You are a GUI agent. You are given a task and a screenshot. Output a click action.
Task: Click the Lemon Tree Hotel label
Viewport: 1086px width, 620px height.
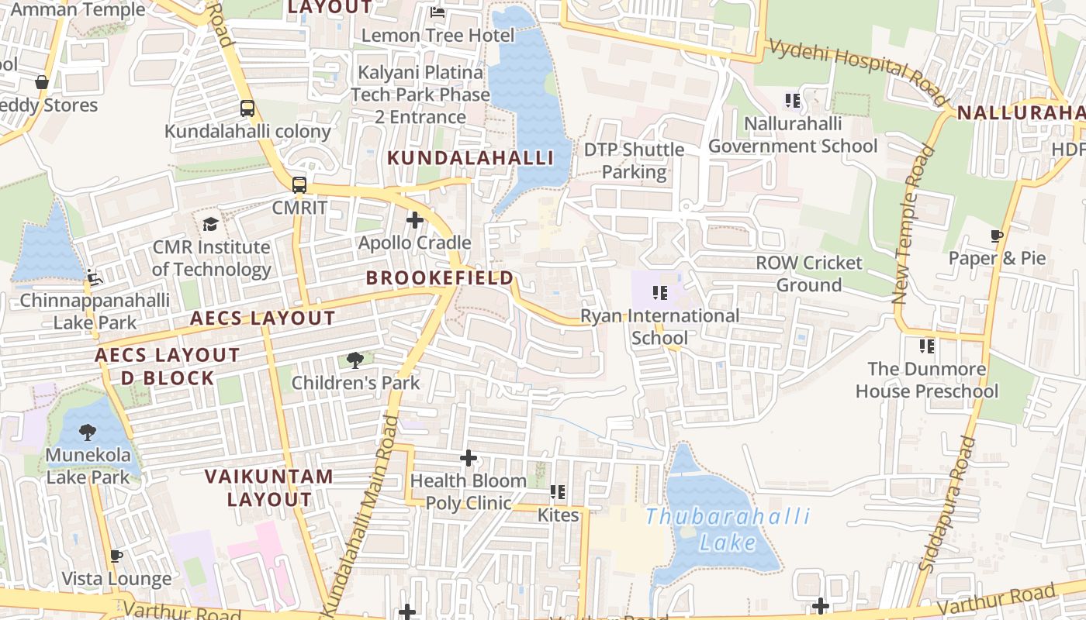click(x=438, y=36)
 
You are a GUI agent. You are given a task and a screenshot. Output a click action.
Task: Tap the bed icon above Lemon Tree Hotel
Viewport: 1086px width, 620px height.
click(x=438, y=12)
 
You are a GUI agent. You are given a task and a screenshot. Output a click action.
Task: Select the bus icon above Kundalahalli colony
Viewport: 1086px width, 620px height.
click(x=247, y=108)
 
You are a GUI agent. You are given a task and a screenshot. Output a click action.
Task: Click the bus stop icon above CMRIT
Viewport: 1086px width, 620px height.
click(x=299, y=185)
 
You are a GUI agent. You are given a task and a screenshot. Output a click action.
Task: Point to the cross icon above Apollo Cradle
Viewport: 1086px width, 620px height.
click(x=415, y=220)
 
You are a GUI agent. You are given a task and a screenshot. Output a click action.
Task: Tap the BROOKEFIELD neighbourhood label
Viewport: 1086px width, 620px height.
click(x=440, y=277)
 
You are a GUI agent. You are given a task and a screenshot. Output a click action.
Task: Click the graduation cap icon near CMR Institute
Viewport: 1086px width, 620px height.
click(x=210, y=225)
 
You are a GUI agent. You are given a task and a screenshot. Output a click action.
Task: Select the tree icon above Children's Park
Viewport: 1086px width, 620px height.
click(x=355, y=360)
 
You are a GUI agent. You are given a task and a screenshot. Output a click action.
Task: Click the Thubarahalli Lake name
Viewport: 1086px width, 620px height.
click(x=727, y=529)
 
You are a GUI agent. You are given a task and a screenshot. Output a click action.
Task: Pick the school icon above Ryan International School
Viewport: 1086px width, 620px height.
click(x=660, y=293)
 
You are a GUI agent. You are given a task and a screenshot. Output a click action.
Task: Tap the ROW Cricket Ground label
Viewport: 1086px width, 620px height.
click(x=809, y=274)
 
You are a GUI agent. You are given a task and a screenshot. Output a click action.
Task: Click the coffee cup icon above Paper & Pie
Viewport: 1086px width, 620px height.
click(x=998, y=236)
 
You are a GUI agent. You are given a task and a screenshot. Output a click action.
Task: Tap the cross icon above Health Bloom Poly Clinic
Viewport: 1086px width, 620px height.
click(x=469, y=458)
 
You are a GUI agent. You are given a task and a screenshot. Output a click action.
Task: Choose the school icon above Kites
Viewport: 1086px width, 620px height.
click(x=557, y=492)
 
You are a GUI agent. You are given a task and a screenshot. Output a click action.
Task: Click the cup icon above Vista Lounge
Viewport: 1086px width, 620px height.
click(x=116, y=556)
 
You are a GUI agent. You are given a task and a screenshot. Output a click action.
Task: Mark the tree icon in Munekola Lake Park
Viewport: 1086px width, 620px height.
click(x=88, y=432)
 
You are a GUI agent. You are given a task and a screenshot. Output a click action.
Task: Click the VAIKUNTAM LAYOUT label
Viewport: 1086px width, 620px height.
click(x=269, y=487)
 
